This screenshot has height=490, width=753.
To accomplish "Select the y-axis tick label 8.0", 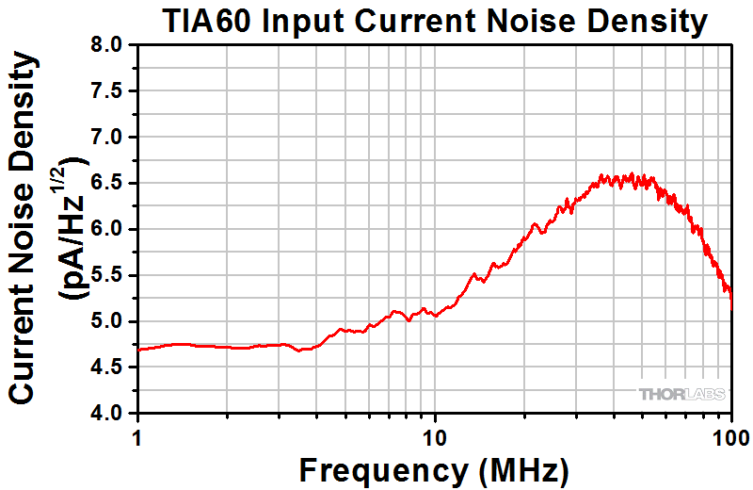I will pos(107,45).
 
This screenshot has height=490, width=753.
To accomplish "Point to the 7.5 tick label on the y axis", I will pos(107,91).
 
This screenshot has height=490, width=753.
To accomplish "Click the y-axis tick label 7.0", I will pos(107,138).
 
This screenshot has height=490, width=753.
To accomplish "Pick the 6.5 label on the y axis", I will pos(107,184).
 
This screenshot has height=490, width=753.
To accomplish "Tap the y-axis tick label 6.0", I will pos(107,230).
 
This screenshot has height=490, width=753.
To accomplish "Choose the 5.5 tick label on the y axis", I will pos(107,276).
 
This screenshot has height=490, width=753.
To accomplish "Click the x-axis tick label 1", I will pos(138,437).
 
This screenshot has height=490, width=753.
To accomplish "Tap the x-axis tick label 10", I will pos(434,437).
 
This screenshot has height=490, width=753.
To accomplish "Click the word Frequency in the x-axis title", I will pos(381,469).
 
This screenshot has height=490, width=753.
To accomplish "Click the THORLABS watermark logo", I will pos(682,394).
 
